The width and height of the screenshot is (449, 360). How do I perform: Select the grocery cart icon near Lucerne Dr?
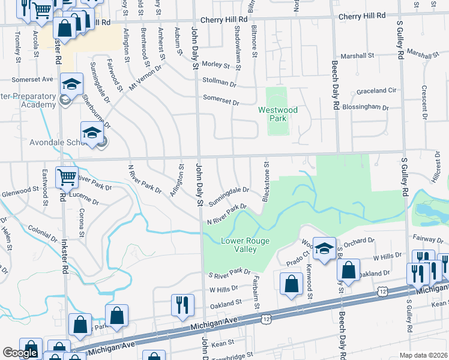(x=67, y=178)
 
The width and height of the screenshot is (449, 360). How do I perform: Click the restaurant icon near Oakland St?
(x=181, y=305)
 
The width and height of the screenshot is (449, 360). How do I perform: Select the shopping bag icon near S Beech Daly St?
(x=348, y=272)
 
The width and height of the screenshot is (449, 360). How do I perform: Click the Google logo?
(x=19, y=353)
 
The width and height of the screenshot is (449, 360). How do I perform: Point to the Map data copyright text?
(x=423, y=355)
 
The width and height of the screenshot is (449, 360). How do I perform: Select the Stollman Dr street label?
(x=220, y=82)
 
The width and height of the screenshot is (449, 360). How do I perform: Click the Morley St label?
(x=216, y=64)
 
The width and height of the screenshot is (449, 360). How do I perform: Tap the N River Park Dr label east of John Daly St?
(x=228, y=214)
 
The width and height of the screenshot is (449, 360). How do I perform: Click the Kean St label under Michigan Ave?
(x=222, y=343)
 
